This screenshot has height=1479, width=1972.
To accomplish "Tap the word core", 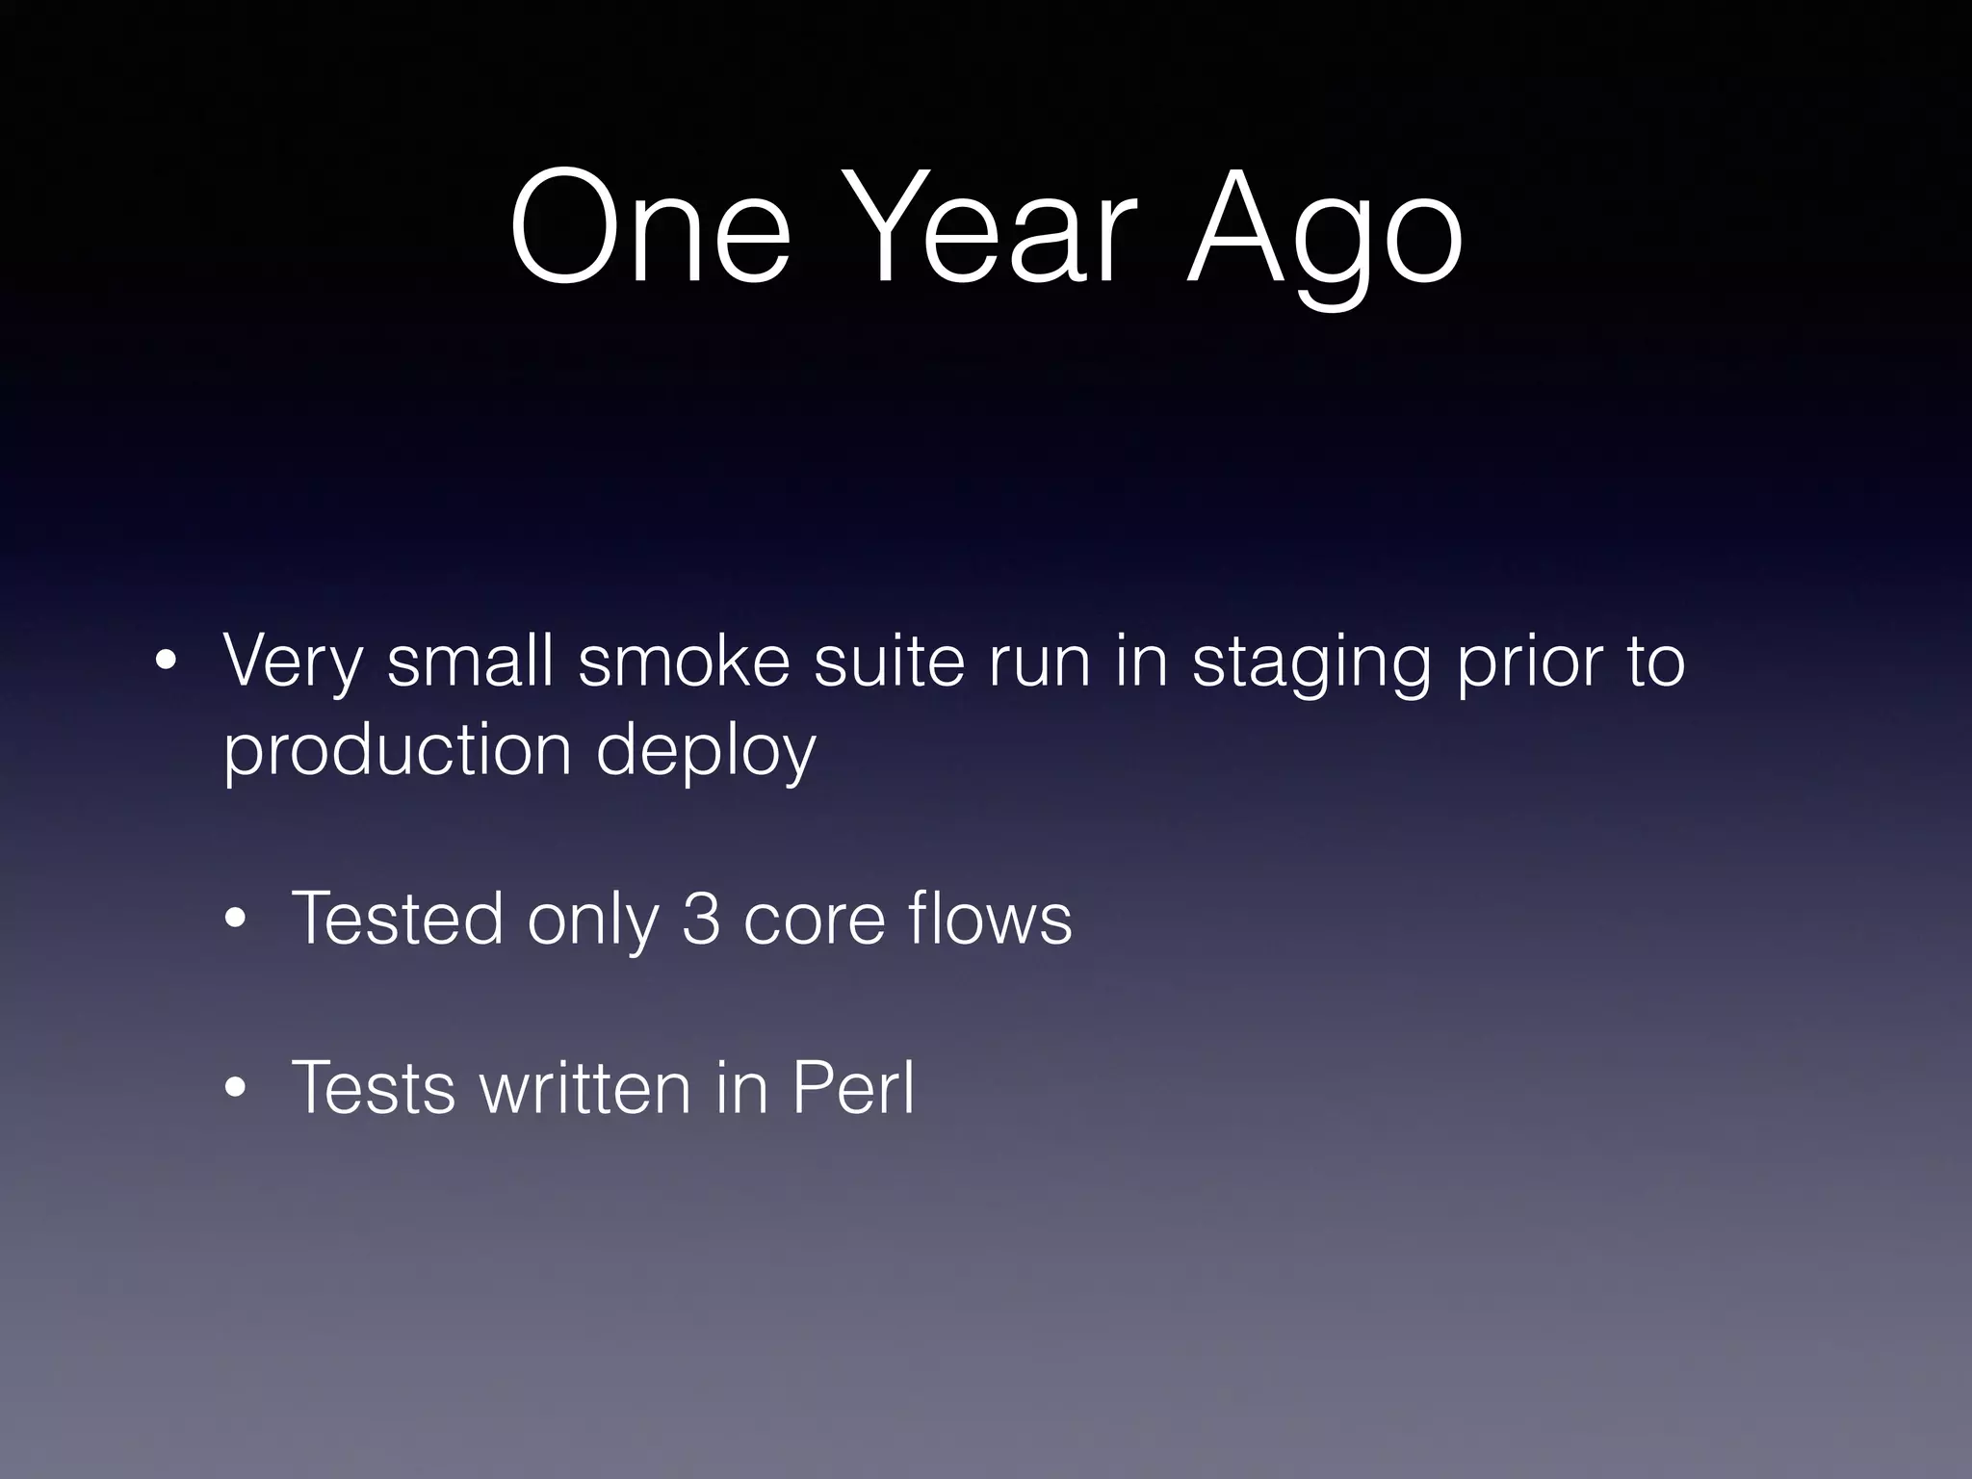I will click(x=814, y=920).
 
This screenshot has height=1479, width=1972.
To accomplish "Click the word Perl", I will click(x=852, y=1088).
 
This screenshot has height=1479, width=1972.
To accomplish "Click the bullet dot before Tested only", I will click(x=235, y=921).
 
